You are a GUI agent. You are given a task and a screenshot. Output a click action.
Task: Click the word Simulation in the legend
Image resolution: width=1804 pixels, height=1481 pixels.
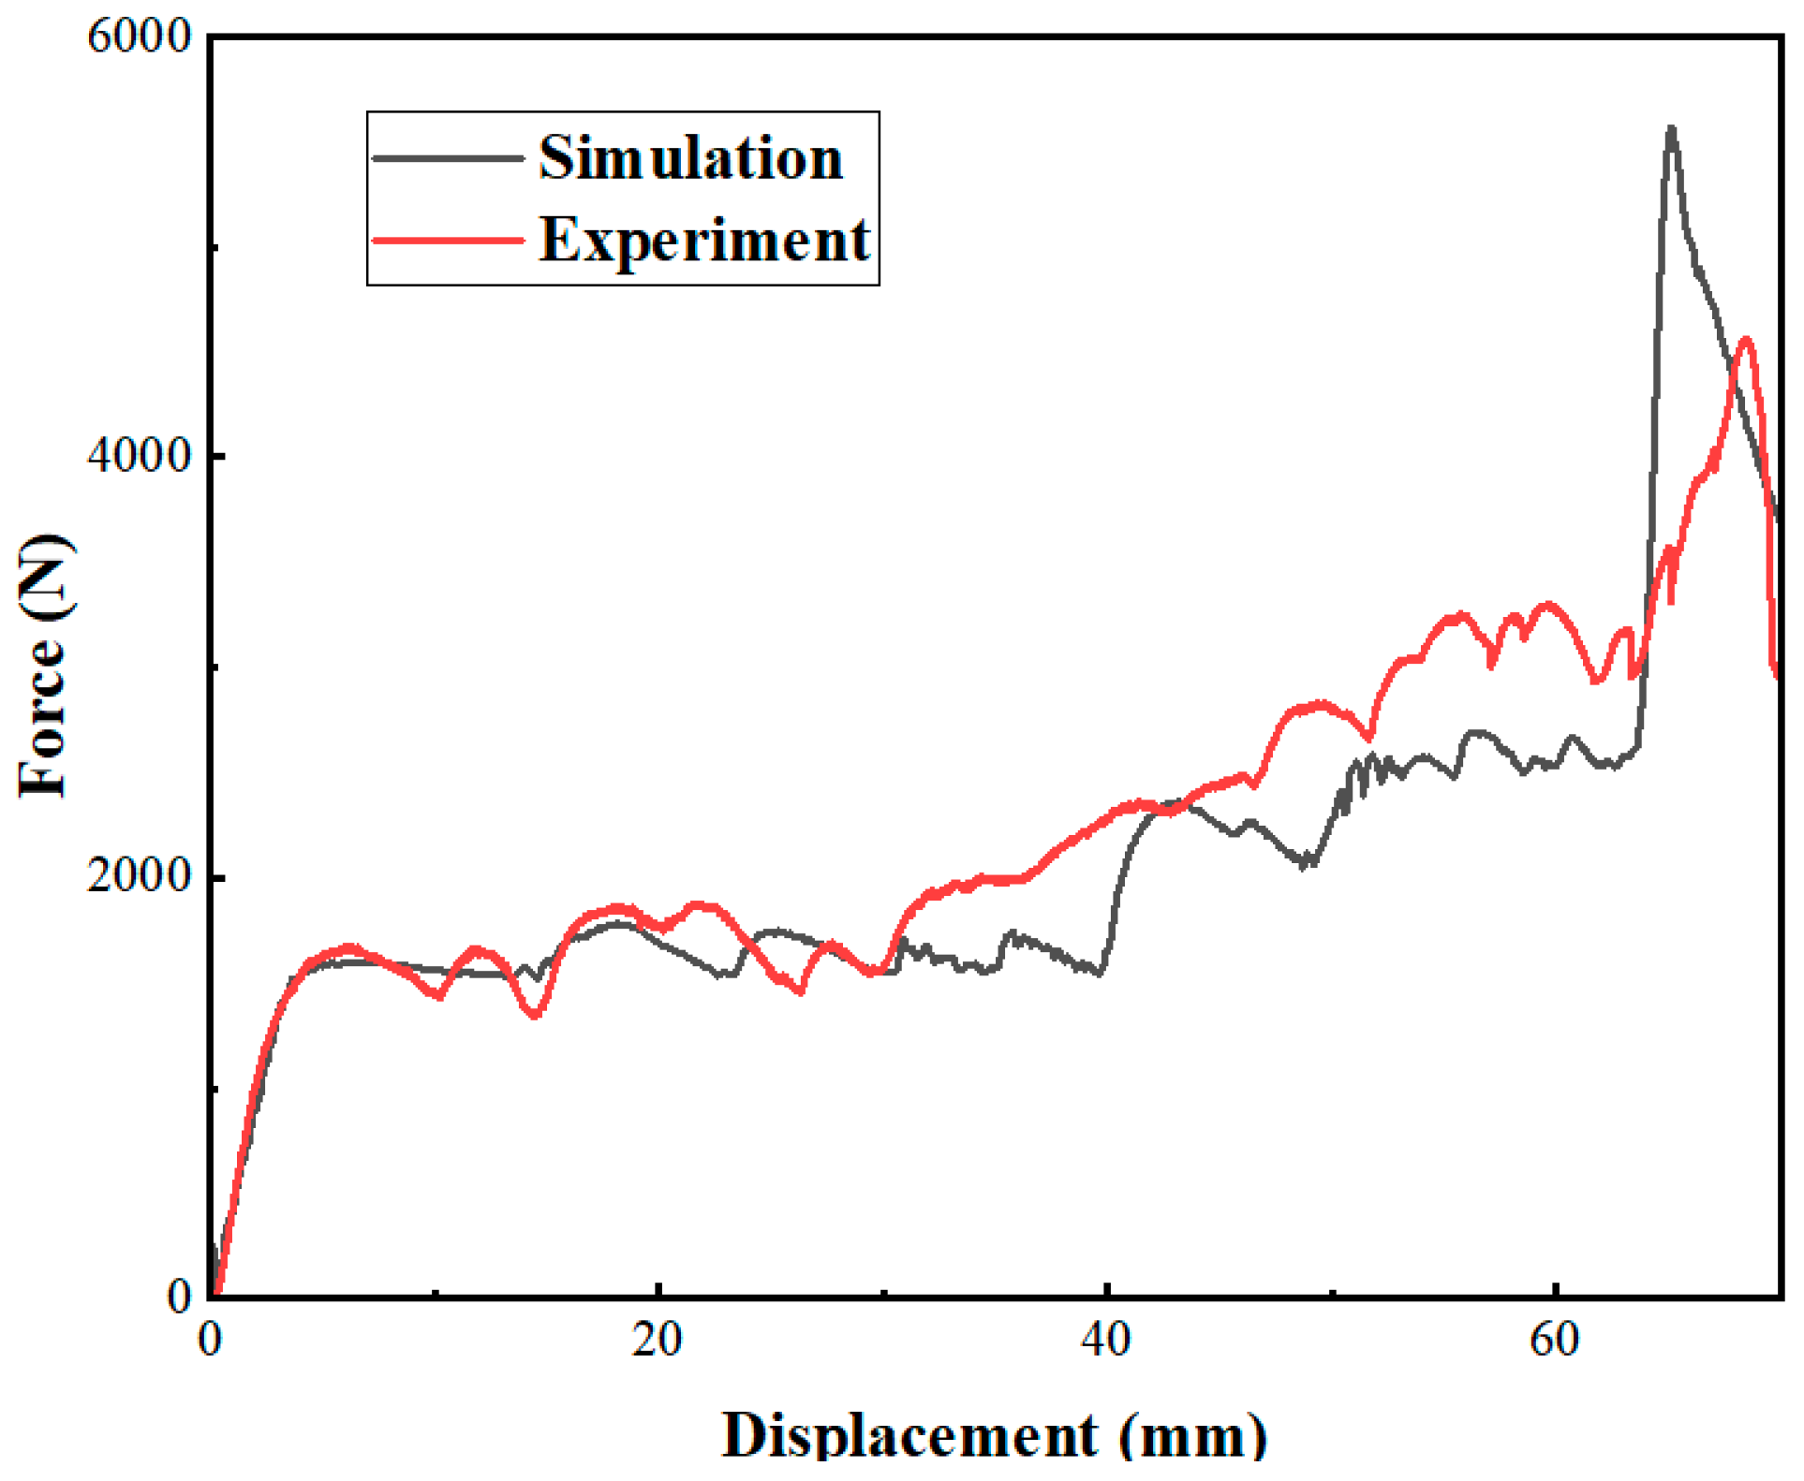pyautogui.click(x=691, y=157)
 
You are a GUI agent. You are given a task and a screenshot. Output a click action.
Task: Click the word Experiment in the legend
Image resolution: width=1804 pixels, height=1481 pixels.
pyautogui.click(x=704, y=240)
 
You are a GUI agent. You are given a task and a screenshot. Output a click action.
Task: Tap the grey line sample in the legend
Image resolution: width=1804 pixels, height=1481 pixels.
pyautogui.click(x=448, y=157)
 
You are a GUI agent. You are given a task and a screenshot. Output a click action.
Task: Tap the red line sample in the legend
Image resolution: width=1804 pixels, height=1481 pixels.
pyautogui.click(x=448, y=240)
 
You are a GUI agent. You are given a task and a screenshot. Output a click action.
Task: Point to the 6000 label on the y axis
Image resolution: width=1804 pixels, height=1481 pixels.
pyautogui.click(x=139, y=37)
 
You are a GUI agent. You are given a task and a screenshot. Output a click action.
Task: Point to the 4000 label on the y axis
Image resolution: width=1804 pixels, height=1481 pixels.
pyautogui.click(x=139, y=456)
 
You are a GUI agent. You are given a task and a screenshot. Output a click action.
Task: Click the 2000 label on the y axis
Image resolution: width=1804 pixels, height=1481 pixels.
pyautogui.click(x=139, y=876)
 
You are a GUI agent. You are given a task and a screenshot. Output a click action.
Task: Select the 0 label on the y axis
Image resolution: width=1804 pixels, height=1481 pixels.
pyautogui.click(x=180, y=1297)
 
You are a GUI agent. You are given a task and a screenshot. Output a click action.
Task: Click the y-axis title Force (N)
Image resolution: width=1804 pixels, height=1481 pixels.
pyautogui.click(x=45, y=667)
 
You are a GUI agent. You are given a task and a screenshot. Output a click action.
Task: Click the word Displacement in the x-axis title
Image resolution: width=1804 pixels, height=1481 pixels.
pyautogui.click(x=909, y=1434)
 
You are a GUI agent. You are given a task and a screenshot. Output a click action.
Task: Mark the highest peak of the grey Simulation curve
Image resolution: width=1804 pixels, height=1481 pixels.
pyautogui.click(x=1671, y=127)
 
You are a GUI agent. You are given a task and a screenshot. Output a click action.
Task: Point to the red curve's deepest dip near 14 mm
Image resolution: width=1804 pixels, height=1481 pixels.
pyautogui.click(x=535, y=1015)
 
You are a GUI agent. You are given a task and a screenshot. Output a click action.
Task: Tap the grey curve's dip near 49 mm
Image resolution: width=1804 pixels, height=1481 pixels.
pyautogui.click(x=1304, y=865)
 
